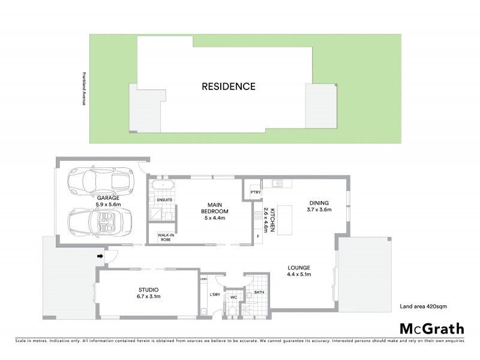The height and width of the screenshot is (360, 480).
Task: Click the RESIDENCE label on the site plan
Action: (x=229, y=86)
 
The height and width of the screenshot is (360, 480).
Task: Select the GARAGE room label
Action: (x=108, y=197)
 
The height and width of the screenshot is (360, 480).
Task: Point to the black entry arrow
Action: (x=99, y=257)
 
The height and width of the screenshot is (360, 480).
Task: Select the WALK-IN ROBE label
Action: (x=165, y=237)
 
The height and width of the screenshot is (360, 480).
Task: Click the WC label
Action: (x=234, y=296)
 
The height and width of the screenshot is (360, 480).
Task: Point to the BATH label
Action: (x=259, y=292)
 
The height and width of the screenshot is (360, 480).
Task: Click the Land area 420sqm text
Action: (x=423, y=307)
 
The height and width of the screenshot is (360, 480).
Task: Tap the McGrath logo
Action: (x=432, y=328)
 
